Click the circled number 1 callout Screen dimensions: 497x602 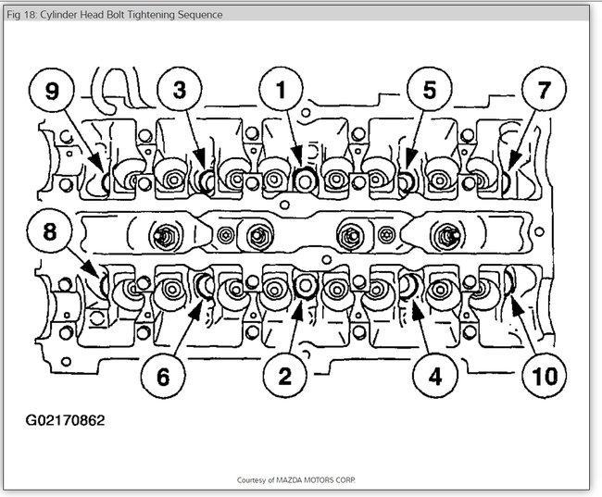(x=274, y=91)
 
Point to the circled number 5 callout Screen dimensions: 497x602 (x=429, y=91)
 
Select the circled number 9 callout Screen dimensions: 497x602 (x=52, y=91)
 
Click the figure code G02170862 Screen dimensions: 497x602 (x=65, y=419)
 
